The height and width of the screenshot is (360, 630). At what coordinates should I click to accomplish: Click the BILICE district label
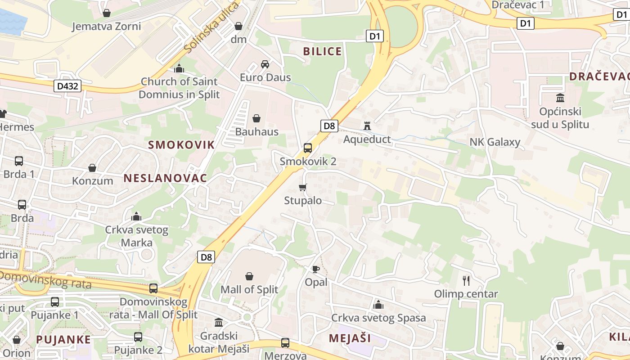click(x=322, y=51)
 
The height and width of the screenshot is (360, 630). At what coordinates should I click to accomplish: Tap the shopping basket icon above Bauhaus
click(x=256, y=118)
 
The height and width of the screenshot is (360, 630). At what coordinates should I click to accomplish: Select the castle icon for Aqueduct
click(x=367, y=126)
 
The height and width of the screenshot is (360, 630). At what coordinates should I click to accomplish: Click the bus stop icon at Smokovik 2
click(x=308, y=148)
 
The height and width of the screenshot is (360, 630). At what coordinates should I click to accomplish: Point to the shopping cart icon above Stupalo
click(x=303, y=187)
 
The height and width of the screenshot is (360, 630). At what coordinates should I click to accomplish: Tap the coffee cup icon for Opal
click(x=316, y=269)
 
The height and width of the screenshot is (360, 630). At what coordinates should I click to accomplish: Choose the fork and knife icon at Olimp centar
click(x=466, y=281)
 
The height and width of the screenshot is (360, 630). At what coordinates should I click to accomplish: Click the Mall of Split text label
click(x=249, y=289)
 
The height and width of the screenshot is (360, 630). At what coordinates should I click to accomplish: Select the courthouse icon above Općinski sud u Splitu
click(x=560, y=98)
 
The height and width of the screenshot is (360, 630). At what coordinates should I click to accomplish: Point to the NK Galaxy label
click(x=495, y=142)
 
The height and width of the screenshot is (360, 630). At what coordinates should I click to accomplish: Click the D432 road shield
click(x=68, y=86)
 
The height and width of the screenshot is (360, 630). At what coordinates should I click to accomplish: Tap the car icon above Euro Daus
click(x=265, y=64)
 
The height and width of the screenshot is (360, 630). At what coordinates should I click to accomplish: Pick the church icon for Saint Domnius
click(x=179, y=68)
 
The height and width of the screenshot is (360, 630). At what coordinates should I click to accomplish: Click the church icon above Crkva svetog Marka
click(x=136, y=216)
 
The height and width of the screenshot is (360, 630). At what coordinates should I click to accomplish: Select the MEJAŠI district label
click(x=350, y=338)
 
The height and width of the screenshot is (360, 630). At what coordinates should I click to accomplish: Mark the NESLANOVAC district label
click(x=165, y=178)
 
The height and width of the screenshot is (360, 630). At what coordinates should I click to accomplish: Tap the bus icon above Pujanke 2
click(x=138, y=337)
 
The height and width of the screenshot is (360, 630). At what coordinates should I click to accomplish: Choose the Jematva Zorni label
click(x=107, y=26)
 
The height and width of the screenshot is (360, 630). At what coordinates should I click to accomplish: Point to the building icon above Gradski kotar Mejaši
click(x=219, y=322)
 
